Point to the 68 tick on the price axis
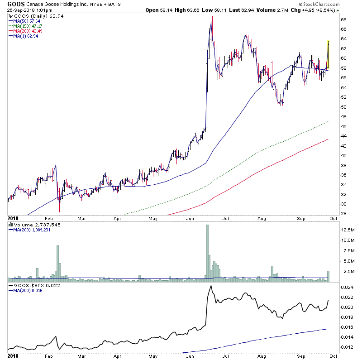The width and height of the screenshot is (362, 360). [343, 19]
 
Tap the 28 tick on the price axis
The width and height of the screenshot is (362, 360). [343, 214]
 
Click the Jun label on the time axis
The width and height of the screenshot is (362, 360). [189, 218]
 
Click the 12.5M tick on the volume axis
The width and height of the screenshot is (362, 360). [348, 230]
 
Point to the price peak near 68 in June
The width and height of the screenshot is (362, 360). [212, 18]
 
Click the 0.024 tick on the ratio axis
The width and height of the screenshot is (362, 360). [347, 288]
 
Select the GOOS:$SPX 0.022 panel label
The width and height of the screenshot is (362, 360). [31, 286]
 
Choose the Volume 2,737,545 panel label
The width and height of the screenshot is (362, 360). [31, 224]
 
